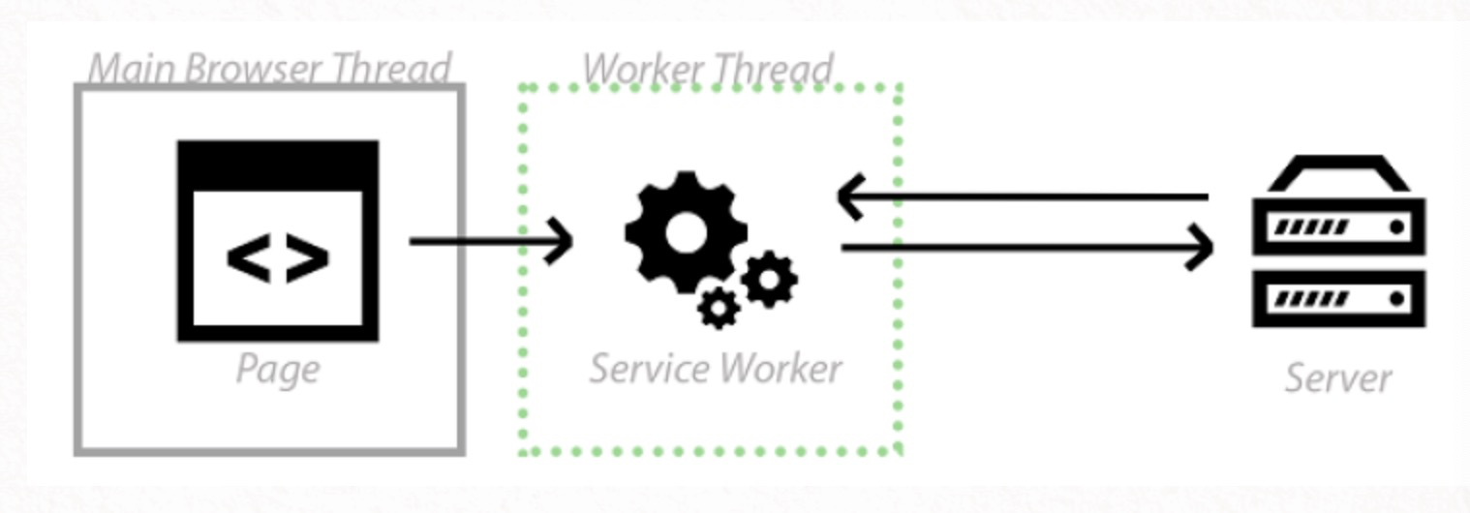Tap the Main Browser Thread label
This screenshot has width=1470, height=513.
tap(269, 69)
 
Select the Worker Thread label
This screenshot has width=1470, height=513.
tap(708, 69)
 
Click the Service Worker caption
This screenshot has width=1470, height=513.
tap(716, 369)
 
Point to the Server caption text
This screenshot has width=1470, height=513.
tap(1337, 377)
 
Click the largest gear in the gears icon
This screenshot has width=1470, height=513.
tap(686, 232)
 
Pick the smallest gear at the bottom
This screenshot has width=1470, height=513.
tap(719, 308)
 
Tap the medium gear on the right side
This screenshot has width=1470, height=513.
tap(770, 279)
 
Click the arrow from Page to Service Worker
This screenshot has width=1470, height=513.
tap(490, 241)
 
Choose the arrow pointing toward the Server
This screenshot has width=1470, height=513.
tap(1026, 248)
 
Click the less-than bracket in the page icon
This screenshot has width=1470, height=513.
tap(248, 258)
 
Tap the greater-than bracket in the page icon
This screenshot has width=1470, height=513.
tap(308, 258)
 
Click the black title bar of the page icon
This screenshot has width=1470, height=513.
tap(278, 165)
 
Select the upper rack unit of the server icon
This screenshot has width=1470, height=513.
tap(1338, 226)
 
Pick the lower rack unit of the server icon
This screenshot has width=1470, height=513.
tap(1338, 298)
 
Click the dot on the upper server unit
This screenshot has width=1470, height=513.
tap(1396, 226)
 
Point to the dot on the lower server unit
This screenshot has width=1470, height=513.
tap(1396, 299)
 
